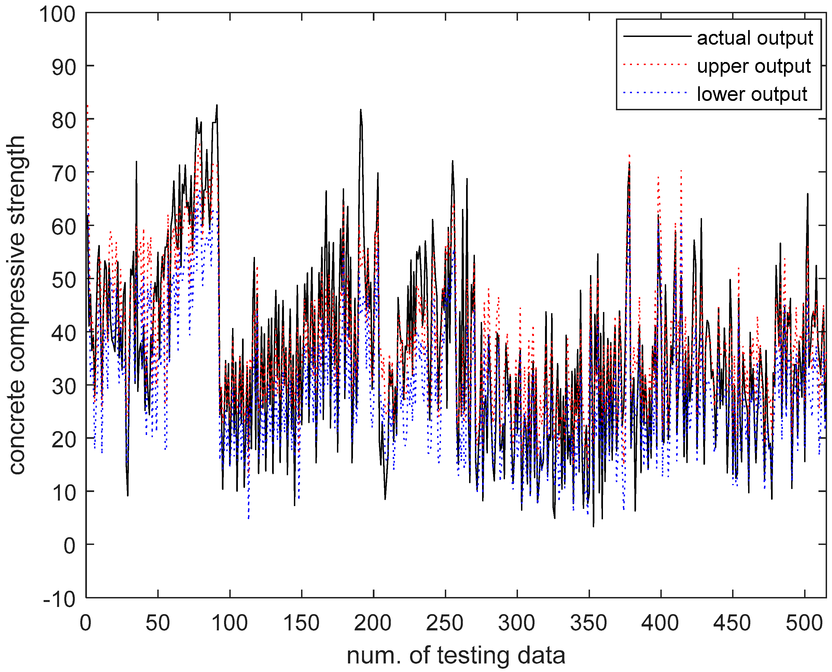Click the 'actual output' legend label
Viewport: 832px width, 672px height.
(754, 38)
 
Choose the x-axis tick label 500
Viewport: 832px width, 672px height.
(804, 623)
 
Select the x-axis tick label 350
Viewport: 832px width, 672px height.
(589, 623)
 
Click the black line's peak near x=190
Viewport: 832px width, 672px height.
(360, 110)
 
